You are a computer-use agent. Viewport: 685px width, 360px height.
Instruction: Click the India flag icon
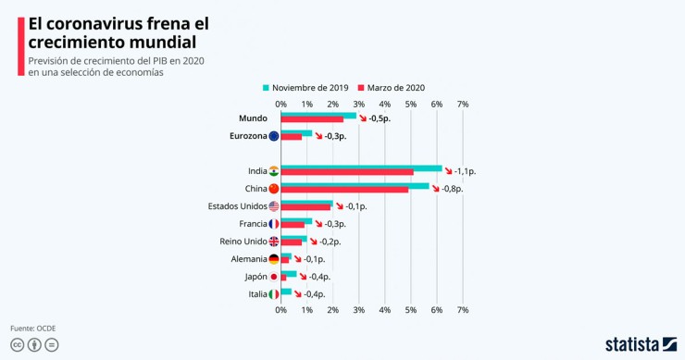pos(273,171)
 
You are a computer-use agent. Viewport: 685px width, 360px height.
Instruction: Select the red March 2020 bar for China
pos(344,190)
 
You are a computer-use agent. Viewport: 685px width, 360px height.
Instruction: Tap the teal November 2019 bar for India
pos(361,168)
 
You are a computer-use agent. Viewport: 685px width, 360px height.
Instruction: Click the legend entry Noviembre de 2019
pos(305,88)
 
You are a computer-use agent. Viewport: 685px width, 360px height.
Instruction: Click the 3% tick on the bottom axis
pos(359,310)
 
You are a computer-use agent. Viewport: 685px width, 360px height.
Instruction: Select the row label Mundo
pos(253,118)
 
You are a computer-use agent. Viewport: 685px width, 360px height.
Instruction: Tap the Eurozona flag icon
pos(273,136)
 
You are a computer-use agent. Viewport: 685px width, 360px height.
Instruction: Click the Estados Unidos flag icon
pos(273,206)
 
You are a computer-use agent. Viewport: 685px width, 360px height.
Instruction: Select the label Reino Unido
pos(243,242)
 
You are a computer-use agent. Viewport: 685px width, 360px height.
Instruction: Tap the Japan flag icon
pos(273,277)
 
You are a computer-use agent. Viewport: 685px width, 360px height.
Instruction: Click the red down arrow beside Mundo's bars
pos(363,119)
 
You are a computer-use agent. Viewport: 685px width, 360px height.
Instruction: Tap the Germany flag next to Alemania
pos(273,259)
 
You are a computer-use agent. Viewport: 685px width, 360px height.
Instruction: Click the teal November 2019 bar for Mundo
pos(318,116)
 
